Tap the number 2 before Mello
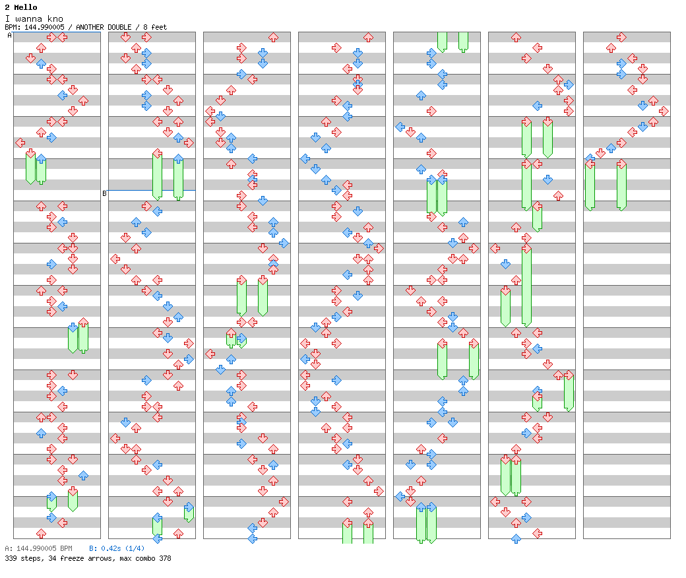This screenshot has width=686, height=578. click(x=7, y=7)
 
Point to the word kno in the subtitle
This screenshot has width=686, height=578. click(x=56, y=18)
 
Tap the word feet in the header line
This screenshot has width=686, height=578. click(x=158, y=27)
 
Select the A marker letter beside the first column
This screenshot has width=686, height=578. click(x=9, y=36)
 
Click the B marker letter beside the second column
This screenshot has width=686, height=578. click(x=104, y=193)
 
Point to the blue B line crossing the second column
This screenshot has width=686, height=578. click(x=152, y=190)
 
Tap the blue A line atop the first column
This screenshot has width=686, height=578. click(x=57, y=32)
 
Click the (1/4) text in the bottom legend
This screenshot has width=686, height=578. click(x=133, y=548)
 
